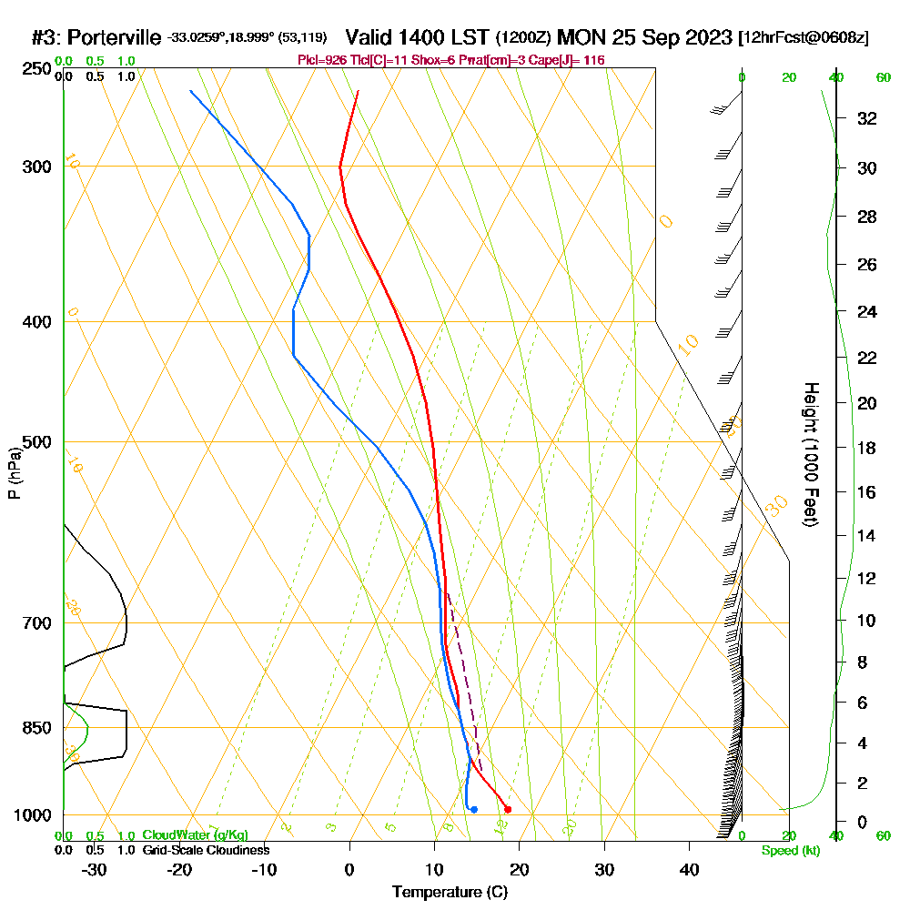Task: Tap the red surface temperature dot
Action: coord(508,809)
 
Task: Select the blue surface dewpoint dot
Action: coord(474,809)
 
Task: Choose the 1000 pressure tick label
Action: coord(31,815)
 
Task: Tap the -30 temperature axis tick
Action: coord(94,869)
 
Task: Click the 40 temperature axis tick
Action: coord(689,869)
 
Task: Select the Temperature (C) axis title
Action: coord(450,892)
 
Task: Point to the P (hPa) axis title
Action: coord(14,473)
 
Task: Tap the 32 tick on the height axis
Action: coord(866,117)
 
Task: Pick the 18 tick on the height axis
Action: coord(866,448)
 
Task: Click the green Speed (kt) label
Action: coord(790,850)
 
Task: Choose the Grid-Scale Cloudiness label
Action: coord(206,850)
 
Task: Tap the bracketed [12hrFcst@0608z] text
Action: coord(804,37)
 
